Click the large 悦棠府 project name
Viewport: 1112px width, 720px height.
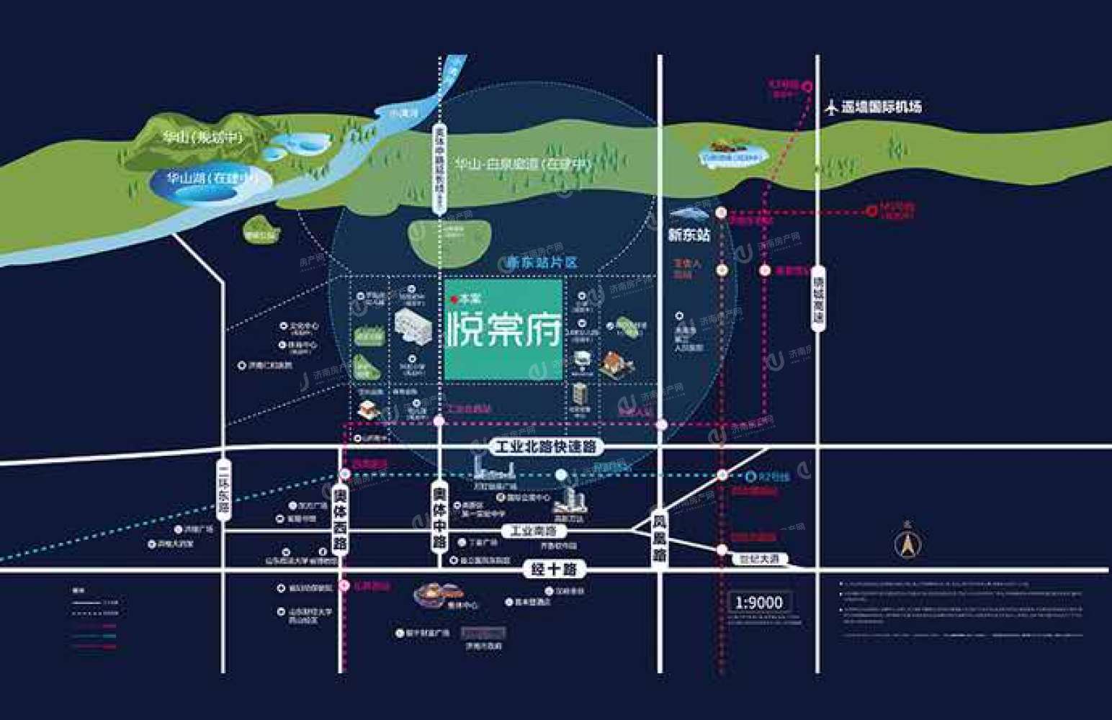(503, 332)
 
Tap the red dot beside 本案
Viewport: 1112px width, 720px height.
(454, 299)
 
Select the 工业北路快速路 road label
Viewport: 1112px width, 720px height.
(546, 447)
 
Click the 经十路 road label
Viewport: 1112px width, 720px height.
(554, 570)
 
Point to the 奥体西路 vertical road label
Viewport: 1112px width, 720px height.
(341, 519)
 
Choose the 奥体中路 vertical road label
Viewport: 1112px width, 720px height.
(439, 518)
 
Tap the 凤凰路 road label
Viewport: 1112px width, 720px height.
(660, 539)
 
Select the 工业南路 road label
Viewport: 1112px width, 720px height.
(534, 531)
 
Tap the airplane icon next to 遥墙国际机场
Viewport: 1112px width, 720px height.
(832, 108)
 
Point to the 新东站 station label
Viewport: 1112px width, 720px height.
(689, 235)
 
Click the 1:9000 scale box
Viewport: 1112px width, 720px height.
(759, 602)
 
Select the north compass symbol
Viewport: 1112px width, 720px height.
(907, 544)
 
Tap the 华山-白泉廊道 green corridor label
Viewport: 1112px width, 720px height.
(522, 164)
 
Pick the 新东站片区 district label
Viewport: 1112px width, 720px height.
(543, 264)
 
